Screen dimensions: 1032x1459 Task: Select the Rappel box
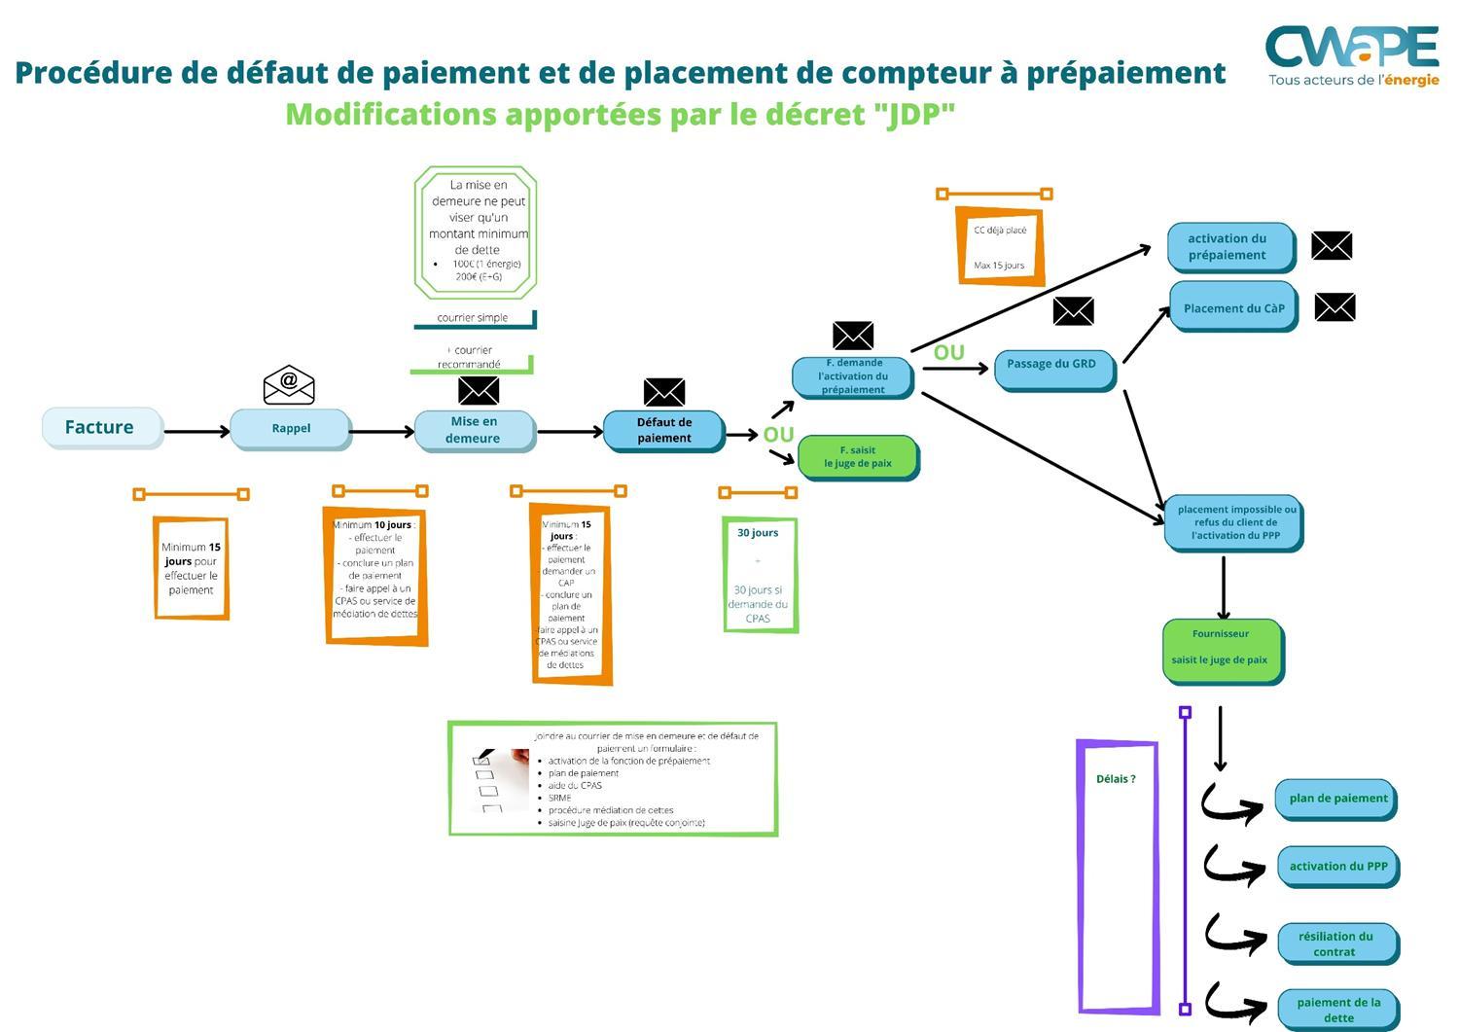tap(290, 428)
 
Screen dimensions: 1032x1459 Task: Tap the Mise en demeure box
tap(474, 430)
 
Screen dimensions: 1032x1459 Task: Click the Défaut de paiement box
tap(663, 430)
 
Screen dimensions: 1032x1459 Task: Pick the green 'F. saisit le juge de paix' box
tap(857, 457)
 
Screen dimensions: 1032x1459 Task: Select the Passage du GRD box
tap(1052, 365)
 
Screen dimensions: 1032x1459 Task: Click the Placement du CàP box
tap(1232, 307)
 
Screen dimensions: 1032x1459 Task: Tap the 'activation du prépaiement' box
tap(1229, 247)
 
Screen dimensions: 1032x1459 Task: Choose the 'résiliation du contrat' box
tap(1336, 943)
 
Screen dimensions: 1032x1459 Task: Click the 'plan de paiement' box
tap(1336, 799)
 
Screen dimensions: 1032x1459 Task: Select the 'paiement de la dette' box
tap(1337, 1010)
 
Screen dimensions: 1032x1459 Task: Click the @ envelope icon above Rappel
tap(289, 385)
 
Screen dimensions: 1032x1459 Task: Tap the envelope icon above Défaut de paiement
tap(664, 392)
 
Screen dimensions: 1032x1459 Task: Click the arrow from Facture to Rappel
tap(196, 430)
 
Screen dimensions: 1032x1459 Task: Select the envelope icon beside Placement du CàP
tap(1334, 307)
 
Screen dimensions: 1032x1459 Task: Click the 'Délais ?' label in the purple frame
tap(1116, 779)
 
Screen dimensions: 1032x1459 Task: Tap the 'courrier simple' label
tap(473, 318)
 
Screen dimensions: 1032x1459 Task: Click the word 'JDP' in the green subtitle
tap(913, 115)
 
